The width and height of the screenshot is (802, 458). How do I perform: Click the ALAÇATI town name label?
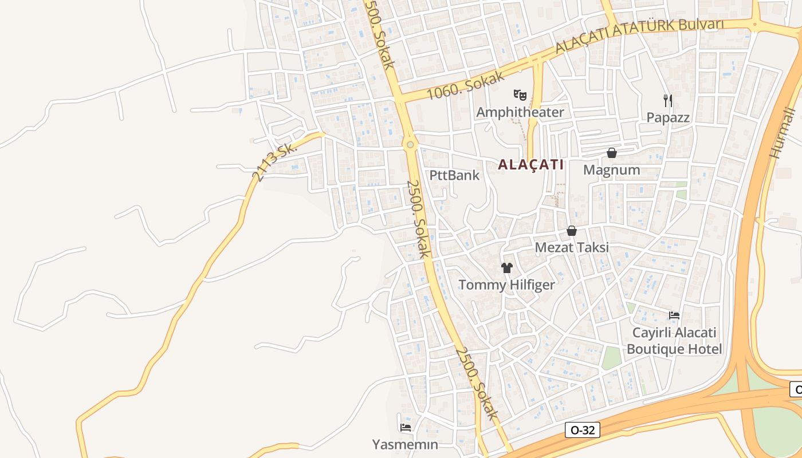click(530, 165)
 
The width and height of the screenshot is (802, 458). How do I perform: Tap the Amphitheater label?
click(520, 112)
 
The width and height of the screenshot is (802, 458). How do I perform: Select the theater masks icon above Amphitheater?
click(520, 94)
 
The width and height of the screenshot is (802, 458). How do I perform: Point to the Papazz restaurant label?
click(668, 118)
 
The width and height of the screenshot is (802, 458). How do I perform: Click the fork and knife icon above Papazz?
click(667, 101)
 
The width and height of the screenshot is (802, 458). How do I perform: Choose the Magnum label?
click(611, 170)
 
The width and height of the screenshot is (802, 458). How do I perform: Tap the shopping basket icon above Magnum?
click(612, 153)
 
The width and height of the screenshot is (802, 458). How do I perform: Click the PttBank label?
click(454, 175)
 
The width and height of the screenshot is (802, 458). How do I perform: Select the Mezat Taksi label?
click(572, 248)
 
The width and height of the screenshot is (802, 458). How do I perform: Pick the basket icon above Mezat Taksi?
click(571, 231)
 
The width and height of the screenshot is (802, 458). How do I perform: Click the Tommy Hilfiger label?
click(506, 285)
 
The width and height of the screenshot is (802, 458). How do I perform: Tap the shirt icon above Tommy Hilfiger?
click(506, 267)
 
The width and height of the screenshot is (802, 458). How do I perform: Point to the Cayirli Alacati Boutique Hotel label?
click(674, 341)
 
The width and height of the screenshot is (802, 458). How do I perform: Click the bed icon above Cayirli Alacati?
click(674, 315)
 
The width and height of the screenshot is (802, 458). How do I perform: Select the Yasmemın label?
click(405, 444)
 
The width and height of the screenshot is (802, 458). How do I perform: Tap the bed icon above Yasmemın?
click(406, 427)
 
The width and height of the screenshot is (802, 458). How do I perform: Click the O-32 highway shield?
click(583, 430)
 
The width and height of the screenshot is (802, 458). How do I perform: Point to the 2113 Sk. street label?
click(276, 161)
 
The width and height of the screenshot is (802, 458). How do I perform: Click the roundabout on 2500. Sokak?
click(410, 144)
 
